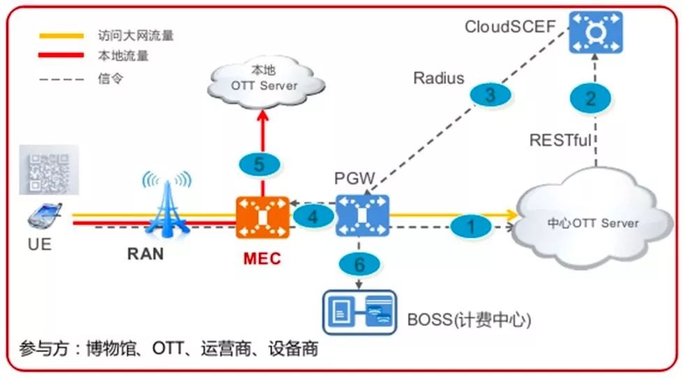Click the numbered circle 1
point(471,226)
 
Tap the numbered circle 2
point(590,98)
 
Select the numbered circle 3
point(490,95)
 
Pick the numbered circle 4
point(314,216)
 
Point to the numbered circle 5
point(259,164)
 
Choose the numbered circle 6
point(359,264)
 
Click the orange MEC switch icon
point(263,218)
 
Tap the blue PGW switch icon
point(362,216)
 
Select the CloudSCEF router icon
point(596,32)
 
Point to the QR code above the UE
point(49,169)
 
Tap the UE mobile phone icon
point(43,216)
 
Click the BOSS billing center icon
point(360,312)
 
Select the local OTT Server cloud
point(265,82)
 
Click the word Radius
point(439,78)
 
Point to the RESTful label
point(560,140)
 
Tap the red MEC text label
point(262,259)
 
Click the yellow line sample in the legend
point(61,36)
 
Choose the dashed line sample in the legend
point(61,80)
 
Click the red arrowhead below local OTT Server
point(263,115)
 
